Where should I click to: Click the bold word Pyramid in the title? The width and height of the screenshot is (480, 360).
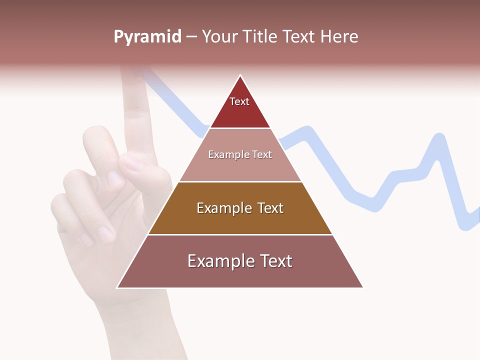pyautogui.click(x=147, y=37)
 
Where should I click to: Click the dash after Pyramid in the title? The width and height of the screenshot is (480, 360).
pyautogui.click(x=191, y=37)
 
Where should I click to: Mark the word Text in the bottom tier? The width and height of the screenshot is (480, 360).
pyautogui.click(x=275, y=261)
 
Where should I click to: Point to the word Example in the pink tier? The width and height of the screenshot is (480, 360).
pyautogui.click(x=228, y=154)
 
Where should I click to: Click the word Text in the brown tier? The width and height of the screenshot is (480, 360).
pyautogui.click(x=267, y=208)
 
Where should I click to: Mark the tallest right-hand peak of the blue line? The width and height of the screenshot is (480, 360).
pyautogui.click(x=439, y=137)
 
